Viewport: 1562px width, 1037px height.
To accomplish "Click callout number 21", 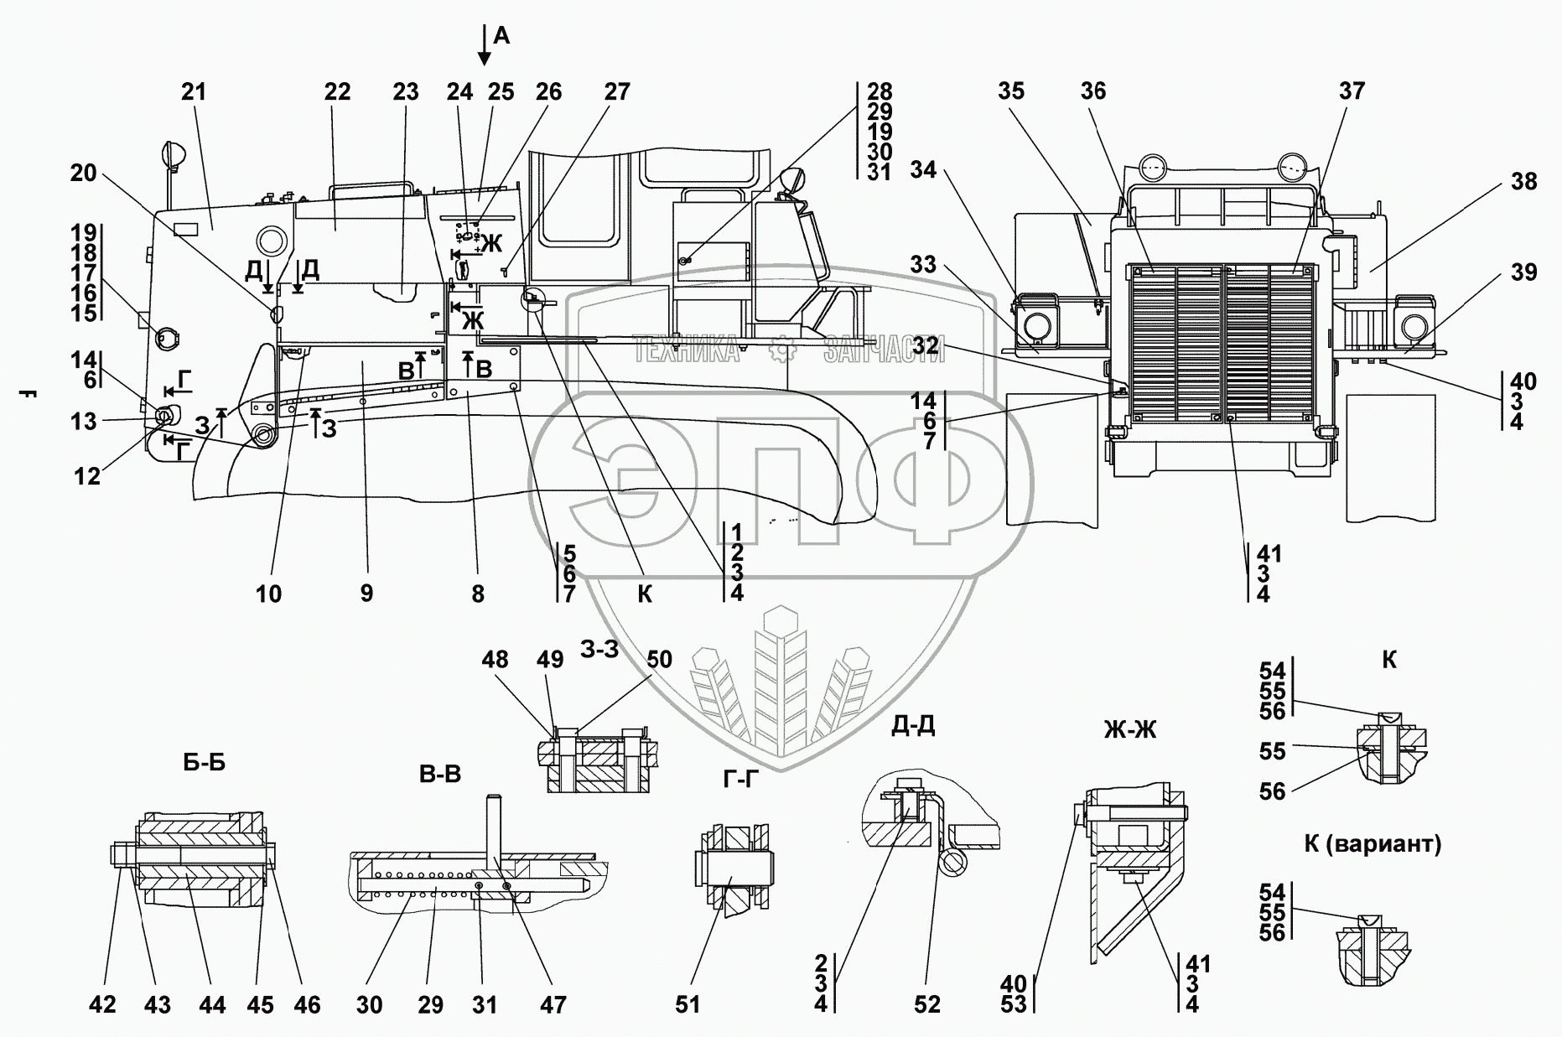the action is click(x=194, y=92).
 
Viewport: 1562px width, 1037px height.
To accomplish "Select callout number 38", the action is click(x=1525, y=181).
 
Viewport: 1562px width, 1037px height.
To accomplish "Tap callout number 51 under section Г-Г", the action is click(x=688, y=1004).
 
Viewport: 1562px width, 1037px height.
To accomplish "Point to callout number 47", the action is click(x=553, y=1004).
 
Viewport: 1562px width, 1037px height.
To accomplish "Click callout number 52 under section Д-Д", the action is click(x=927, y=1004).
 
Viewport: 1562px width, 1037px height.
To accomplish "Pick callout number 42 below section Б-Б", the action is click(x=103, y=1004).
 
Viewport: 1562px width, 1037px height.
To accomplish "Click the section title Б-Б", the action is click(x=204, y=763).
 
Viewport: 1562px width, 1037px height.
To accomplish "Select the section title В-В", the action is click(x=440, y=775).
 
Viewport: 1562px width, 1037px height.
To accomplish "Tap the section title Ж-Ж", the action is click(x=1130, y=730).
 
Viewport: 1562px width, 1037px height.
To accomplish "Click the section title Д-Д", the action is click(x=913, y=725).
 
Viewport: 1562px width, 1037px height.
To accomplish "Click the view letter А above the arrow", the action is click(x=501, y=35).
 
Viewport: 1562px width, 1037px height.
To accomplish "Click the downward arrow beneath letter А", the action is click(x=484, y=45).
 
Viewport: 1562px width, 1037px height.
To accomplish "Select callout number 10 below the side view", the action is click(x=268, y=594).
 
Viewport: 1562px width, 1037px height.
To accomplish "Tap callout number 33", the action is click(x=923, y=265).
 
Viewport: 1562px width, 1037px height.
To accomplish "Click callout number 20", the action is click(x=84, y=174).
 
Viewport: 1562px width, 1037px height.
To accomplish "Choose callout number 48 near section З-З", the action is click(x=495, y=659).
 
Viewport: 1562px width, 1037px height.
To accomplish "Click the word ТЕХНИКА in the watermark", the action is click(x=686, y=349).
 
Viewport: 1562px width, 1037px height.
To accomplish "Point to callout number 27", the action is click(x=617, y=92).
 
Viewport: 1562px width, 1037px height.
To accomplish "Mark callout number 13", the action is click(x=84, y=422).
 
